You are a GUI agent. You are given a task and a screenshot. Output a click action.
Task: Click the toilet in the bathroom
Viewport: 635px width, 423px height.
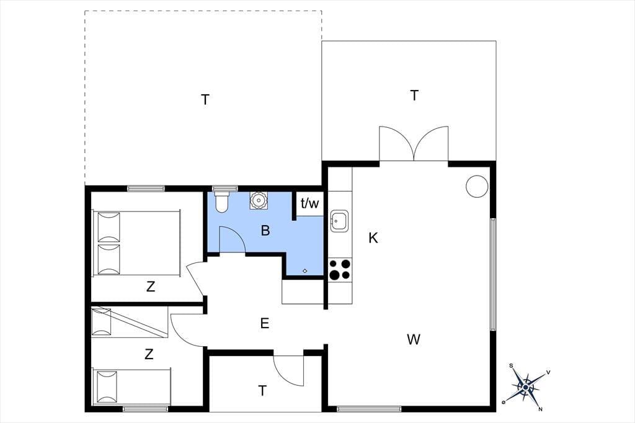click(x=221, y=202)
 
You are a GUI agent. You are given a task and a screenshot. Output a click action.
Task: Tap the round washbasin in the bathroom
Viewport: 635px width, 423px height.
click(x=258, y=200)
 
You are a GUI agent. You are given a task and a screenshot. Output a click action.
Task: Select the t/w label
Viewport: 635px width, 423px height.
click(x=310, y=203)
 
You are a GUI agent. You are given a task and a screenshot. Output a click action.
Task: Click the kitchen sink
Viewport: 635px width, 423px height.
click(x=339, y=221)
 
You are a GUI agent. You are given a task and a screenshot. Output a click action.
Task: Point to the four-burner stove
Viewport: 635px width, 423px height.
click(x=340, y=269)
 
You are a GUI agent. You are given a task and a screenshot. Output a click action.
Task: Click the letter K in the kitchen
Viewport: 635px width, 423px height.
click(x=373, y=238)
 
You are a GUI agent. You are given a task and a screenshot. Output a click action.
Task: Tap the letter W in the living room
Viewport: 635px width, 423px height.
click(x=414, y=339)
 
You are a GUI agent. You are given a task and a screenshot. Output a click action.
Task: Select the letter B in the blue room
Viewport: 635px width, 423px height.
click(x=265, y=231)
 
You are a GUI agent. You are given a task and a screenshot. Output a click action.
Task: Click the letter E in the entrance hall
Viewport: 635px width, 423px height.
click(x=264, y=323)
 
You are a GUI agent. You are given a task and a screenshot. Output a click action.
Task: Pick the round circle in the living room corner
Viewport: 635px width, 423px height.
click(x=477, y=186)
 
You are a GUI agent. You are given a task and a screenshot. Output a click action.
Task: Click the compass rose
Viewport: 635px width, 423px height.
click(x=526, y=388)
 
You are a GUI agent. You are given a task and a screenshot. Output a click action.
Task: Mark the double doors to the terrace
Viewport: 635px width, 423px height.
click(x=414, y=144)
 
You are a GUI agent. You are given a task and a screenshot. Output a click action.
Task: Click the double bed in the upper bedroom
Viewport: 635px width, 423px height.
click(x=136, y=243)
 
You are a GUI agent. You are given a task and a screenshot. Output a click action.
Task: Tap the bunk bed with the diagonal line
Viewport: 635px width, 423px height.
click(x=130, y=322)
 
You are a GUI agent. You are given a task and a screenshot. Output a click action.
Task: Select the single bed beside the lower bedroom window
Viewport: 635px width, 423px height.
click(x=131, y=386)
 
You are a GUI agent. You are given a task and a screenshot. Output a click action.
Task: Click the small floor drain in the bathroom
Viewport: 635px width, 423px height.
click(x=305, y=271)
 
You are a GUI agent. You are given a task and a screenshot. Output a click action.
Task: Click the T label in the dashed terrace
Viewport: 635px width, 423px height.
click(x=205, y=99)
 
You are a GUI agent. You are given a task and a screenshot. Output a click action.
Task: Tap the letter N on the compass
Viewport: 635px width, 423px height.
click(x=540, y=409)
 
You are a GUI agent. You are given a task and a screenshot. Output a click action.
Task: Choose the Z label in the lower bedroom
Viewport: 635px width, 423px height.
click(x=149, y=354)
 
